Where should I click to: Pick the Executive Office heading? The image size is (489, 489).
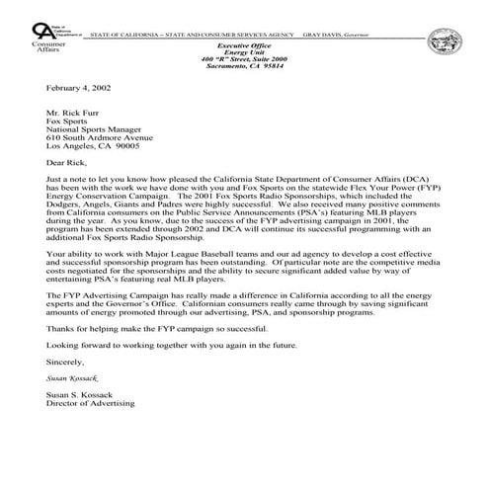242,45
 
